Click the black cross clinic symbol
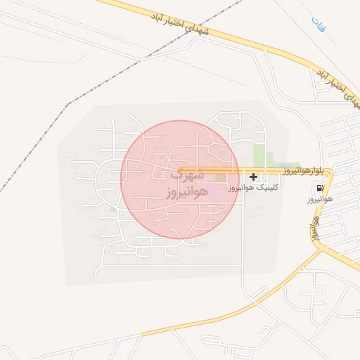(253, 177)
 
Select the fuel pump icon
(321, 189)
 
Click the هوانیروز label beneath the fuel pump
(319, 200)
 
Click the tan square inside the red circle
(221, 177)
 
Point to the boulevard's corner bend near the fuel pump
(330, 171)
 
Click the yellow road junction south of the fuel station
(320, 246)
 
